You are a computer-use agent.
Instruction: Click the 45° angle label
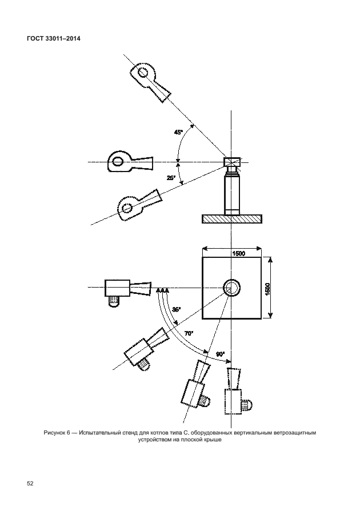click(178, 133)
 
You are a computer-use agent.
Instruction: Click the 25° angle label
click(171, 178)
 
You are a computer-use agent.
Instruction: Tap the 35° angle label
click(177, 309)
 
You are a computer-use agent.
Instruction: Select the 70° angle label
click(189, 333)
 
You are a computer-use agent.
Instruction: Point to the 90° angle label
click(220, 354)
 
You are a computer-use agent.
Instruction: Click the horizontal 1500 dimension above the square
click(238, 253)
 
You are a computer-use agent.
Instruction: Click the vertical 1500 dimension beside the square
click(267, 288)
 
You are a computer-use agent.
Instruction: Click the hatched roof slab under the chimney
click(231, 218)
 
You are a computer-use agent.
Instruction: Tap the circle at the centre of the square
click(231, 287)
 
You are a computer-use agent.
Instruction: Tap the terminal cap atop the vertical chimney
click(232, 163)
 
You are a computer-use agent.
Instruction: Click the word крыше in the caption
click(210, 440)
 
